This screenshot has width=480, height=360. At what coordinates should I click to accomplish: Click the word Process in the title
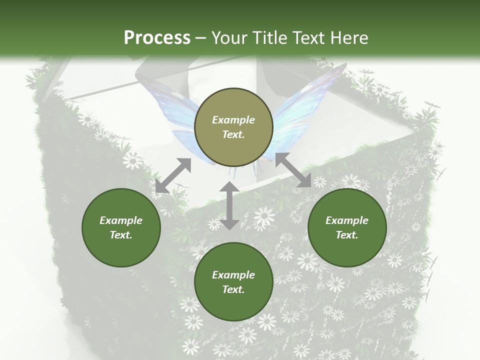(157, 38)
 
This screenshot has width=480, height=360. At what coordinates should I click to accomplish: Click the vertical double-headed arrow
(229, 205)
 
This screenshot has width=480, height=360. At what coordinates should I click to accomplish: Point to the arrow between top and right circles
(293, 170)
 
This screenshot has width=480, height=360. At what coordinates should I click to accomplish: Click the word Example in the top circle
(233, 120)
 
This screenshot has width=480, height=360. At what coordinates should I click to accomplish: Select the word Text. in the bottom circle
(233, 289)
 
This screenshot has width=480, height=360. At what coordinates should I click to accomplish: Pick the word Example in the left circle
(121, 220)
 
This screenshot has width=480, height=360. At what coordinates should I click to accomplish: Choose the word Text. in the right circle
(347, 235)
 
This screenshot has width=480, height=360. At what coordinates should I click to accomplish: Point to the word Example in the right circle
(347, 220)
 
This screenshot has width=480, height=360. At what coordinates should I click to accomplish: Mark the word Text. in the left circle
(121, 235)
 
